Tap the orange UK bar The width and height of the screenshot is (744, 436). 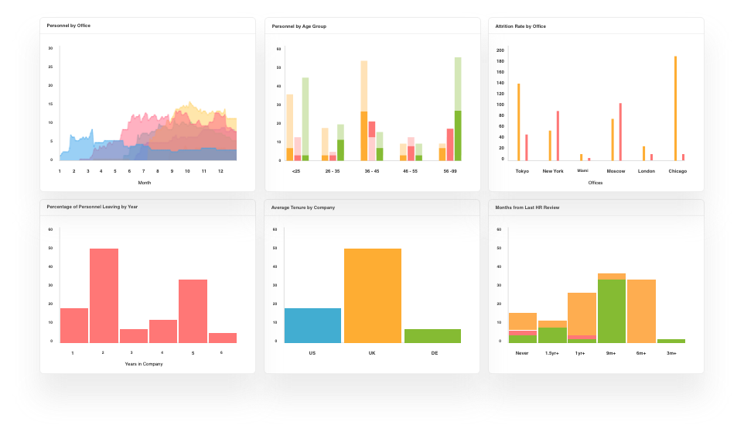pos(373,296)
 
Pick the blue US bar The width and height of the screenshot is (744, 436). pos(313,325)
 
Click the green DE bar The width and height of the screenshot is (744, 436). pos(432,336)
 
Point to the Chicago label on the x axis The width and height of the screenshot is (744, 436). pos(677,171)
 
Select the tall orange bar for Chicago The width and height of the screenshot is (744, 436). pos(675,108)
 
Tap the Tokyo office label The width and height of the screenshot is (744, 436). pos(522,171)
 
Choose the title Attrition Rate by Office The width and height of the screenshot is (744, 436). pos(520,26)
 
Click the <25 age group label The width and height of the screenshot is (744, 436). pos(296,170)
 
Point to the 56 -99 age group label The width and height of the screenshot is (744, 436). pos(451,170)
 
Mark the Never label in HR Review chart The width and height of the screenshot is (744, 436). pos(523,353)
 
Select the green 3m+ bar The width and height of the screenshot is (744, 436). pos(671,341)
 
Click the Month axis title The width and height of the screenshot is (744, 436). pos(145,183)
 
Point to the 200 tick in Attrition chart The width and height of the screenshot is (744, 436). pos(500,50)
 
